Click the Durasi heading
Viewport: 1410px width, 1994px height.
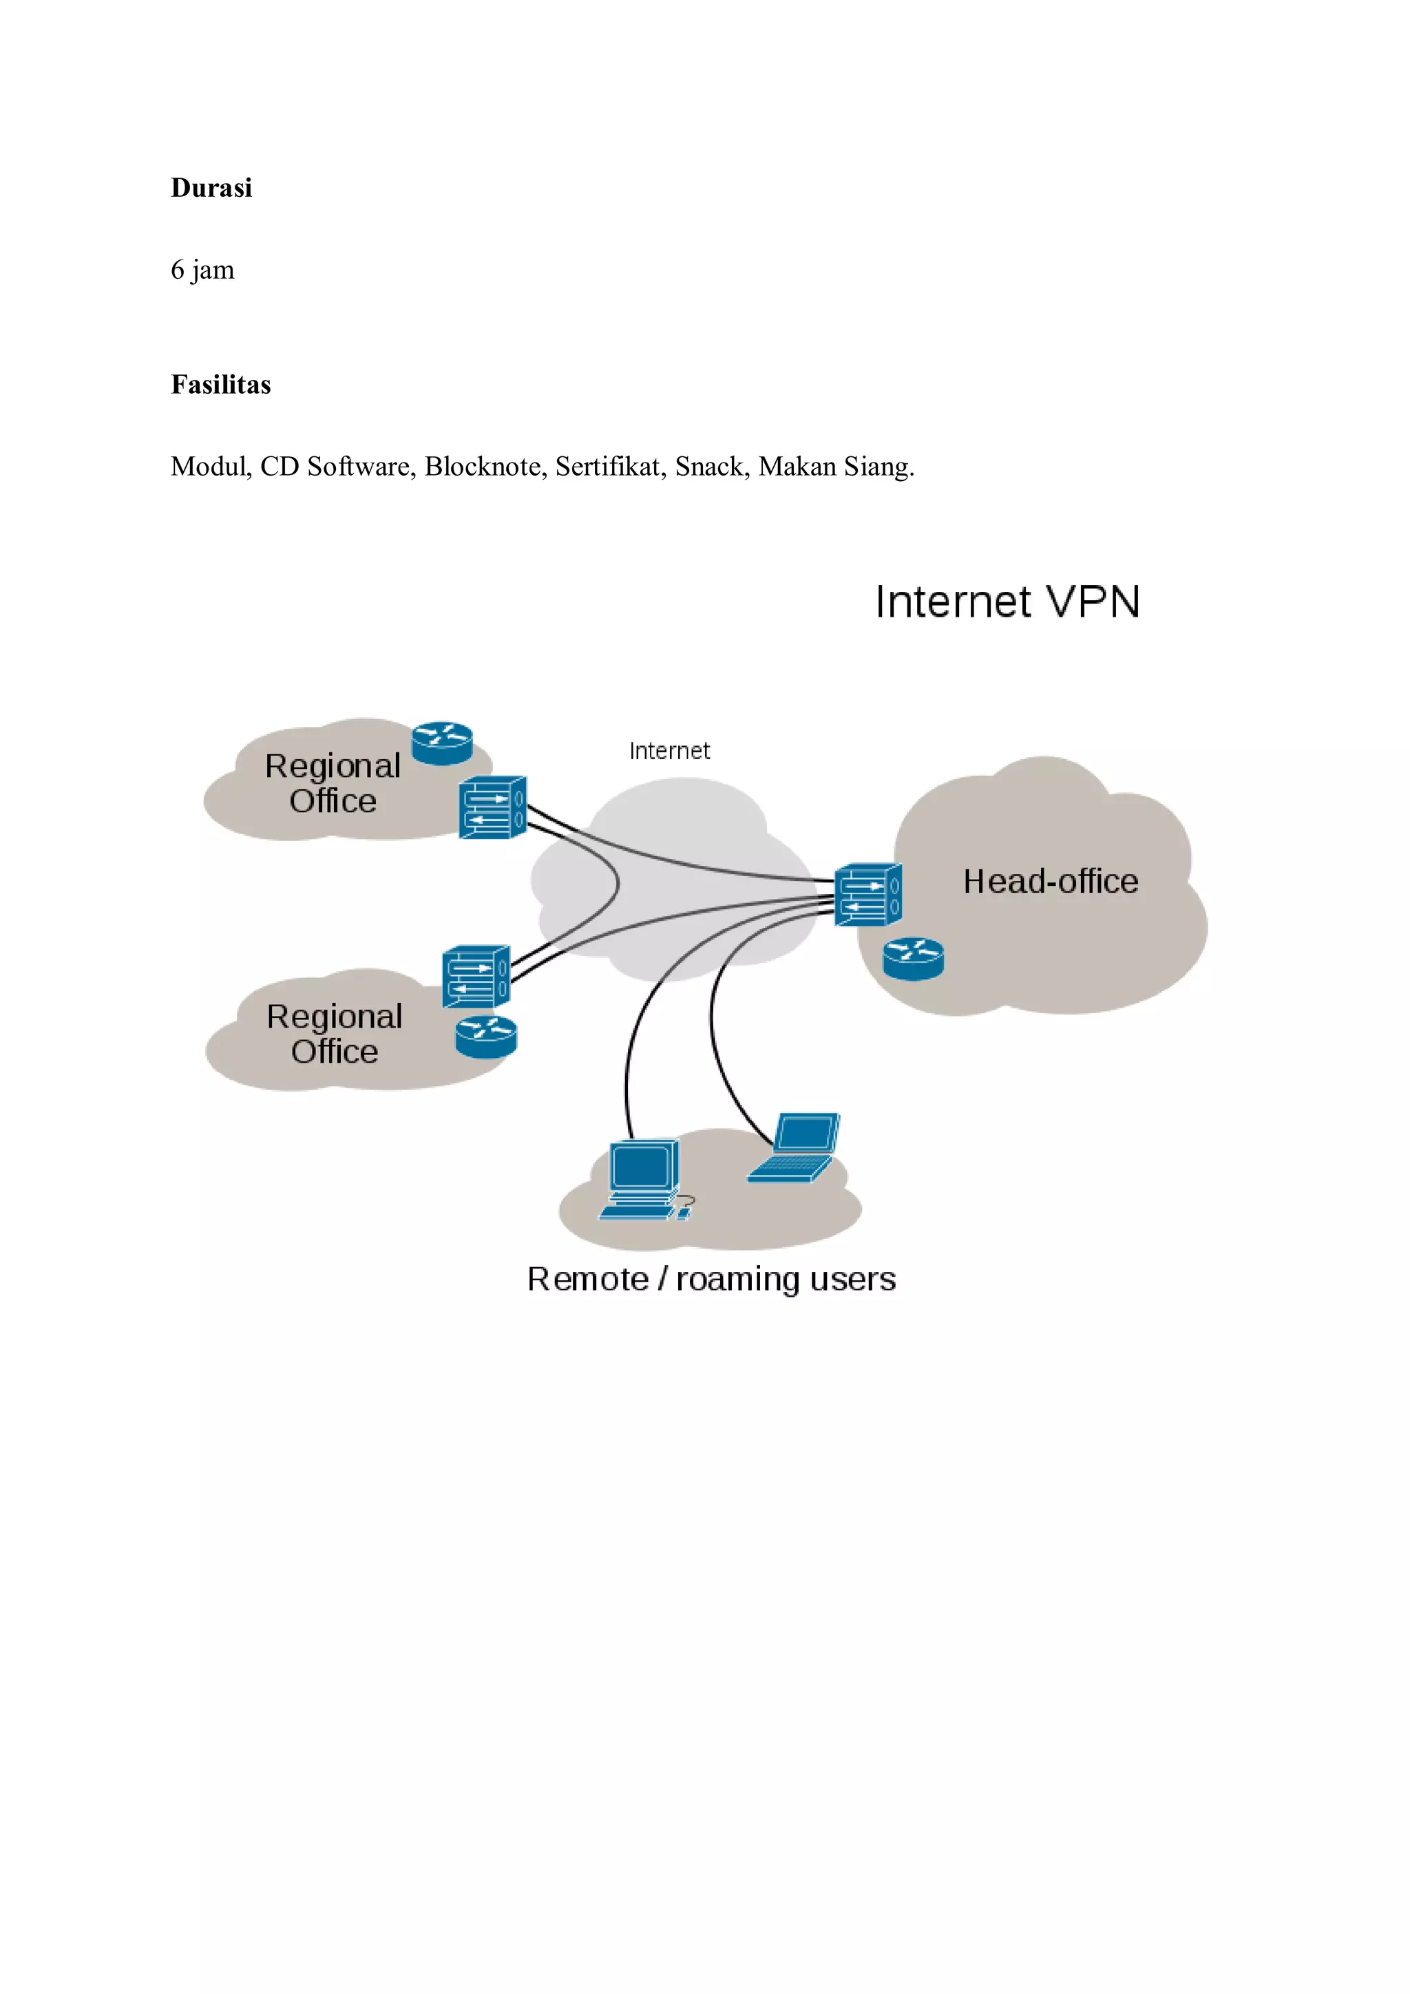pos(211,188)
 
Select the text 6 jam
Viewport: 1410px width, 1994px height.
pos(202,270)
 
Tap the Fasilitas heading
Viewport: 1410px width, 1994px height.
pos(221,385)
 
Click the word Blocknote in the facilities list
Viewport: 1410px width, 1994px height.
pos(482,467)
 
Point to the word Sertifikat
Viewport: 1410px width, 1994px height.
pos(607,467)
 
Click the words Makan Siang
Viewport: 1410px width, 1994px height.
pos(835,467)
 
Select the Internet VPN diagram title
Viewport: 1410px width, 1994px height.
pos(1007,602)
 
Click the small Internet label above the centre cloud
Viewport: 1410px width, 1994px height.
pos(669,751)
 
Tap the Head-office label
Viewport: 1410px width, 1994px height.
pos(1051,882)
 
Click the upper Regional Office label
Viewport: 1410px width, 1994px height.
pos(333,783)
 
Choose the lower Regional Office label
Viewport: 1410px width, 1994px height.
pos(335,1033)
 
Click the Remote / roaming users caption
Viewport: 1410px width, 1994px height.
pos(711,1280)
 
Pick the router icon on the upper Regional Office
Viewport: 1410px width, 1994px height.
pos(442,743)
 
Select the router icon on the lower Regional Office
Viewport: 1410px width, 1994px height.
pos(485,1037)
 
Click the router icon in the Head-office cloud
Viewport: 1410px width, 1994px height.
pos(913,959)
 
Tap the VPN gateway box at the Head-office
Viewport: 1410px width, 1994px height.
pos(868,895)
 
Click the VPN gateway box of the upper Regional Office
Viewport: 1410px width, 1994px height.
pos(492,807)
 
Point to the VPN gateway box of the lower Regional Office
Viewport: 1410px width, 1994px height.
pos(476,977)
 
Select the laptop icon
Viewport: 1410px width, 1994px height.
pos(795,1147)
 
